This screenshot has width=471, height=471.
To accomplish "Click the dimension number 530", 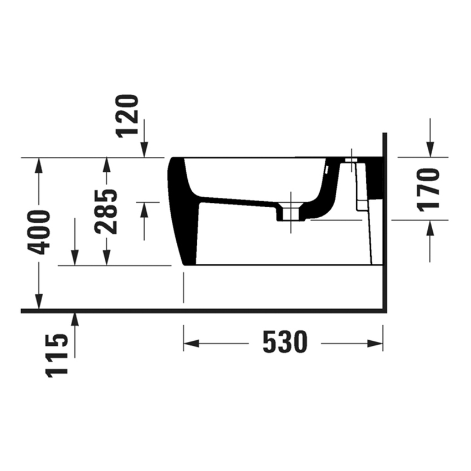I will point(284,343).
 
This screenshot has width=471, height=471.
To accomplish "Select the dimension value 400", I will point(39,232).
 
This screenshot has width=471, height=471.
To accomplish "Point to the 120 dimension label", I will point(127,115).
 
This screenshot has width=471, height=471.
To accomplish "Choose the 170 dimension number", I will point(429,189).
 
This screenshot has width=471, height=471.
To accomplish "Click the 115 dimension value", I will point(58,355).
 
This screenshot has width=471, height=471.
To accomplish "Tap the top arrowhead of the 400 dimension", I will point(38,165).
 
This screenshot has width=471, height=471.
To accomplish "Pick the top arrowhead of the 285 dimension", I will point(106,165).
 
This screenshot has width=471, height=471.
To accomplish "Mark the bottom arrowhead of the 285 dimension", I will point(106,258).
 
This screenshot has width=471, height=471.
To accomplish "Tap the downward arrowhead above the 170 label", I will point(430,149).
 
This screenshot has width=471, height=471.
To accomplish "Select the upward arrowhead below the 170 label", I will point(430,227).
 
